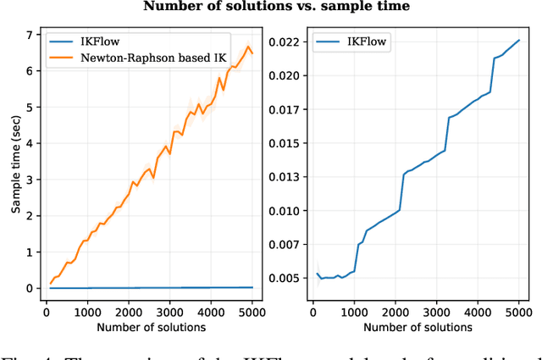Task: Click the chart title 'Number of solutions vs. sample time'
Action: [276, 7]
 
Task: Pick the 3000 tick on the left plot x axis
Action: [169, 311]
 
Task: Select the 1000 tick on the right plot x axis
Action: [360, 311]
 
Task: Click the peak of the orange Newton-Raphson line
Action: [248, 45]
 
